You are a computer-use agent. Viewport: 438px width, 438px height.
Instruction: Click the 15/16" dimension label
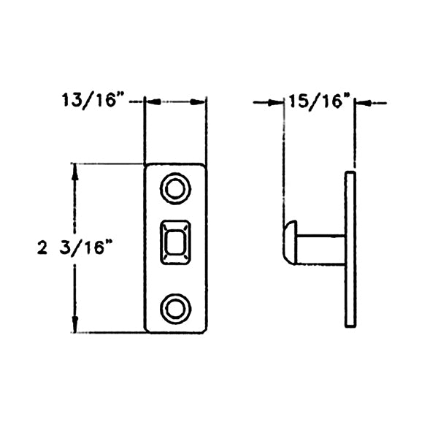tap(319, 101)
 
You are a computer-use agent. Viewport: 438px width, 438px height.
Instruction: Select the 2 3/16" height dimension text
tap(77, 248)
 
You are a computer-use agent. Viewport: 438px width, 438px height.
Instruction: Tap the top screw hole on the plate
tap(175, 189)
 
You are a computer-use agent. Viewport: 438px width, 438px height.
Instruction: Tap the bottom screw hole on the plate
tap(175, 308)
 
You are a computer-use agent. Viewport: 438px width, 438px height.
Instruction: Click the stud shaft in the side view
tap(321, 249)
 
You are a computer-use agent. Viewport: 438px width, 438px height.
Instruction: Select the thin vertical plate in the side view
tap(350, 248)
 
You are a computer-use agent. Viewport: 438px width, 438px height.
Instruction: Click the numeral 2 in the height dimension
tap(42, 248)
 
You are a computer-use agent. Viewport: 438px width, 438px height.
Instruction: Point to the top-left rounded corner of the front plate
tap(148, 167)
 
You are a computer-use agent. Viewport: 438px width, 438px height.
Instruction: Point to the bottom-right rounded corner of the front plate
tap(202, 329)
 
